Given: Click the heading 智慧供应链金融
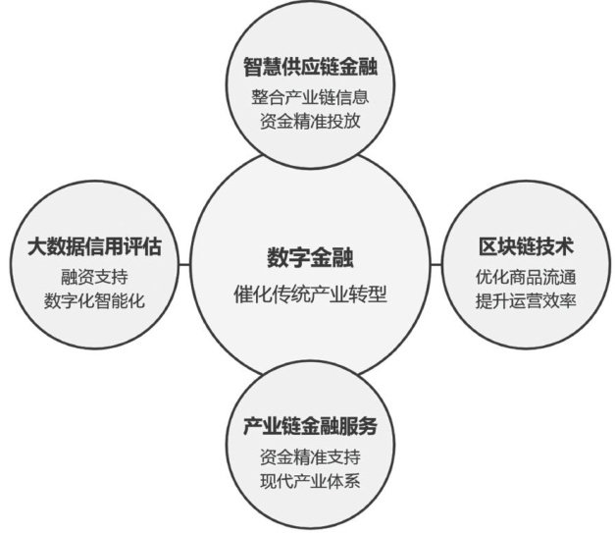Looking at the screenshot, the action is coord(311,67).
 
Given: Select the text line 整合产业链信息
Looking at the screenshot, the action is coord(311,98).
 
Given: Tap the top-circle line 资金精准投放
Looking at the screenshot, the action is coord(311,124).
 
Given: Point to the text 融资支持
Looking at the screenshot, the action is coord(94,276).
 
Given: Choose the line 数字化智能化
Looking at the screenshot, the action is coord(94,300).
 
